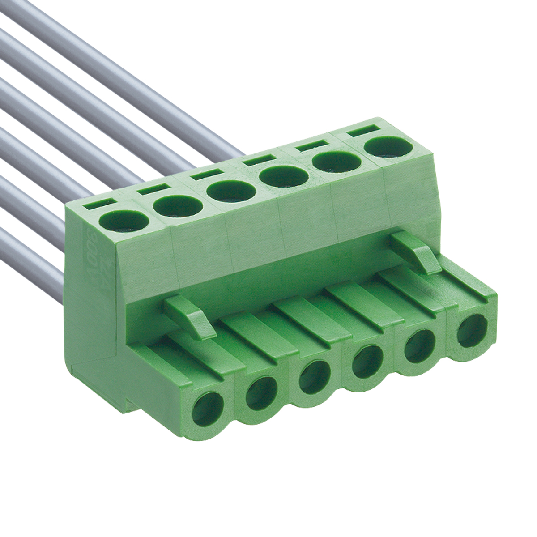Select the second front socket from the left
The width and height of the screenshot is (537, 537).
[262, 392]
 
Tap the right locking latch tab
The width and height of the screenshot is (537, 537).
[416, 252]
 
